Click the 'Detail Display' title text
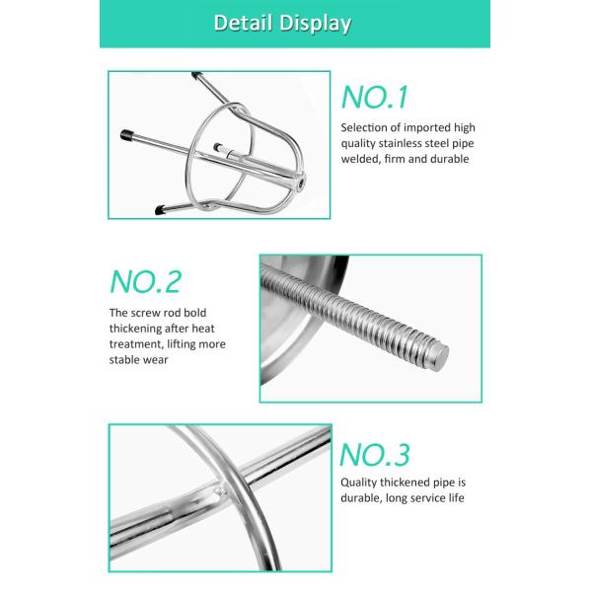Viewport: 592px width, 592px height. [282, 24]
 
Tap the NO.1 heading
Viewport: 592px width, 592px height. [375, 98]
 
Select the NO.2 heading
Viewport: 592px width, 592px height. [146, 282]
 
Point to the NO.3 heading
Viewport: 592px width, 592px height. [375, 455]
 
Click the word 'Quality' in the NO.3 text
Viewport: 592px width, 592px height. [359, 482]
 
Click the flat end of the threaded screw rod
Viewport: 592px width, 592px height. [439, 357]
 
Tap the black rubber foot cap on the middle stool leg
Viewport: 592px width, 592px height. [127, 135]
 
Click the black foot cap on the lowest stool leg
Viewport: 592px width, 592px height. [160, 209]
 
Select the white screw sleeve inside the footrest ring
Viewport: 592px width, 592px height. [229, 151]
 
